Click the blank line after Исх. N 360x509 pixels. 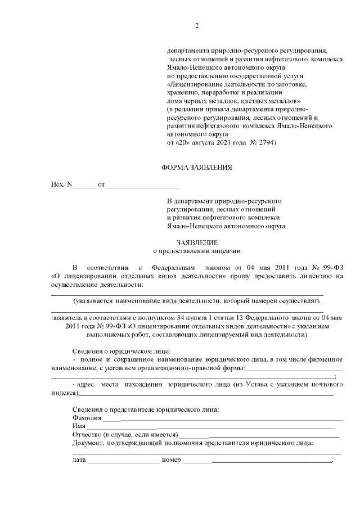click(x=85, y=184)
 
